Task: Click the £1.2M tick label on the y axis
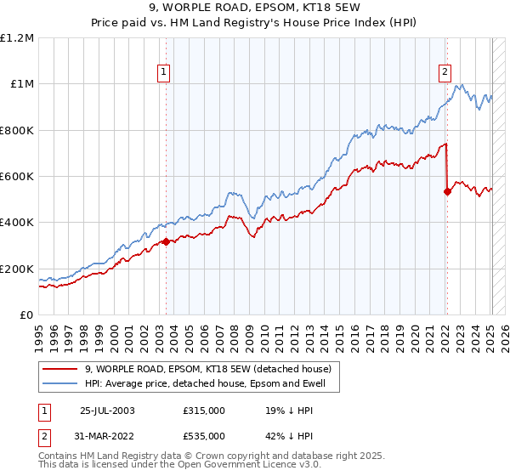pos(17,38)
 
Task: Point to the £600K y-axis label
pos(17,177)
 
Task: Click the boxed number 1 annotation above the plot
pos(162,72)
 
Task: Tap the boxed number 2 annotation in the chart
pos(445,72)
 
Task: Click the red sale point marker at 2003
pos(166,242)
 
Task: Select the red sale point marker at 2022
pos(447,191)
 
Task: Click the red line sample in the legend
pos(59,368)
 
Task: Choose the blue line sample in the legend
pos(59,383)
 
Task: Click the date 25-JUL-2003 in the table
pos(107,411)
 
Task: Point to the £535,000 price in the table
pos(203,435)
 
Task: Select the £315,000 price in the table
pos(203,411)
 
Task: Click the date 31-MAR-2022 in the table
pos(107,435)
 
